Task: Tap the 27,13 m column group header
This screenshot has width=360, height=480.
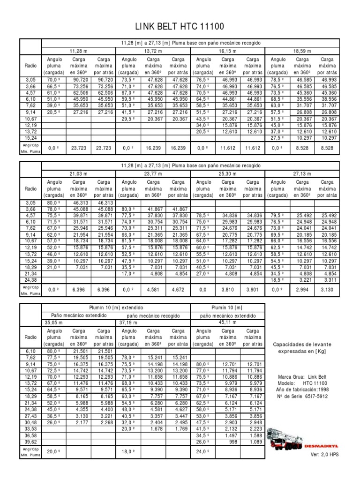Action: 302,173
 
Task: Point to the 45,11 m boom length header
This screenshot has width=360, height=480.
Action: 228,322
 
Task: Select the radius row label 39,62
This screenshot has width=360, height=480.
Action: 30,441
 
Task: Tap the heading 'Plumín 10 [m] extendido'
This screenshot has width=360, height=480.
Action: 115,307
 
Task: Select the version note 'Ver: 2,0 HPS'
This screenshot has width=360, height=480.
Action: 324,455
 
